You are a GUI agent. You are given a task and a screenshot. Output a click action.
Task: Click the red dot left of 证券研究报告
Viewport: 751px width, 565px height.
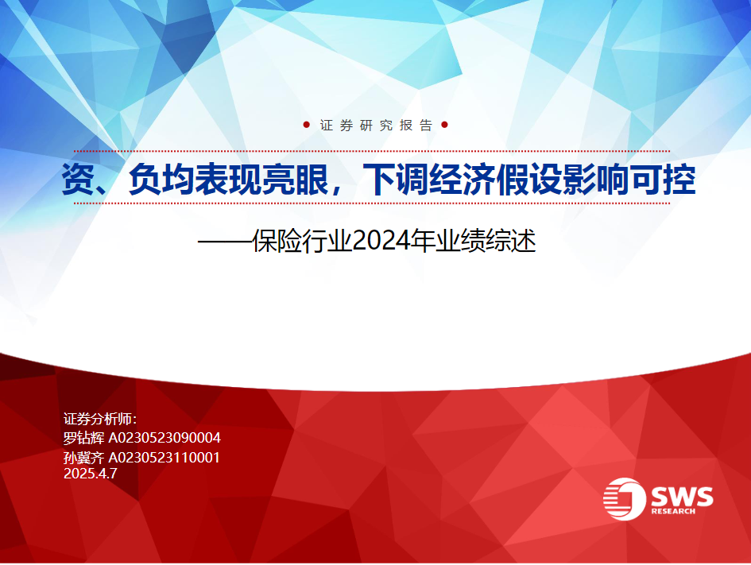click(307, 125)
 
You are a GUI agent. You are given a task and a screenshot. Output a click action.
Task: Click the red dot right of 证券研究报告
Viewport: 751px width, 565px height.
click(444, 125)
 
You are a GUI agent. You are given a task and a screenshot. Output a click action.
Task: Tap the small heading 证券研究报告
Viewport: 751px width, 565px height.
click(376, 126)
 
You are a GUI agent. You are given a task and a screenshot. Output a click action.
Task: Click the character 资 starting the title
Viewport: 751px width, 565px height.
click(78, 180)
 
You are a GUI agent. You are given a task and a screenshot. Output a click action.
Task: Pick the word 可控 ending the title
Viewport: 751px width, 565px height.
click(664, 180)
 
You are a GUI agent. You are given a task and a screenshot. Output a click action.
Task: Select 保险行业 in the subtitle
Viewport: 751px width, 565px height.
click(303, 241)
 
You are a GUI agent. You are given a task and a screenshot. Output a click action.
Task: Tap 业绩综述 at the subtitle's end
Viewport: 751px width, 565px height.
click(486, 241)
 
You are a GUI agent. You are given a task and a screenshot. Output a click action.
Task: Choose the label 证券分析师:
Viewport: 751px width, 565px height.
click(100, 419)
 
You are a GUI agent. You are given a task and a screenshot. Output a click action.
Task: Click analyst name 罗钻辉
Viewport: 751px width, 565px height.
click(83, 438)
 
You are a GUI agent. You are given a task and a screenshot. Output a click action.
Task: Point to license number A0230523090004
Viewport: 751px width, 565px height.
click(165, 438)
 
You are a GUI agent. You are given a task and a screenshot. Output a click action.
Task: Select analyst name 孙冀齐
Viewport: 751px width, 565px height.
click(83, 458)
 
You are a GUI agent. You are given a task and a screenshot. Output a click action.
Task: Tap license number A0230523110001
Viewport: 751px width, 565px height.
click(165, 458)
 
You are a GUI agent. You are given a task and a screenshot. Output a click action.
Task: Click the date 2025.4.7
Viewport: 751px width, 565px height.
click(91, 474)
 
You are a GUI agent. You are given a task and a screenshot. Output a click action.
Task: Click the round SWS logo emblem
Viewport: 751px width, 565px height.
click(625, 499)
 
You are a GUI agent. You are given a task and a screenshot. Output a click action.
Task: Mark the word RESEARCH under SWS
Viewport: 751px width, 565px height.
click(673, 512)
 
